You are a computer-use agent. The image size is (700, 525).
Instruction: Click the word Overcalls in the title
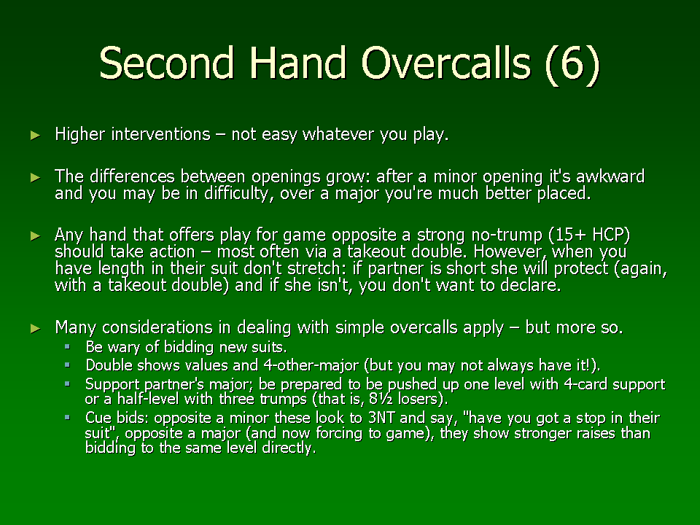tap(446, 62)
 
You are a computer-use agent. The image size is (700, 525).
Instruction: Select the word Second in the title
tap(166, 62)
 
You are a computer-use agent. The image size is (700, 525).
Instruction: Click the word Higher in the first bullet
tap(80, 134)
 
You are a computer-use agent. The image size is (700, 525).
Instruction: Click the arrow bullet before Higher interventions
tap(35, 136)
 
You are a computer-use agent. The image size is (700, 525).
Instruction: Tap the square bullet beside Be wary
tap(67, 346)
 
